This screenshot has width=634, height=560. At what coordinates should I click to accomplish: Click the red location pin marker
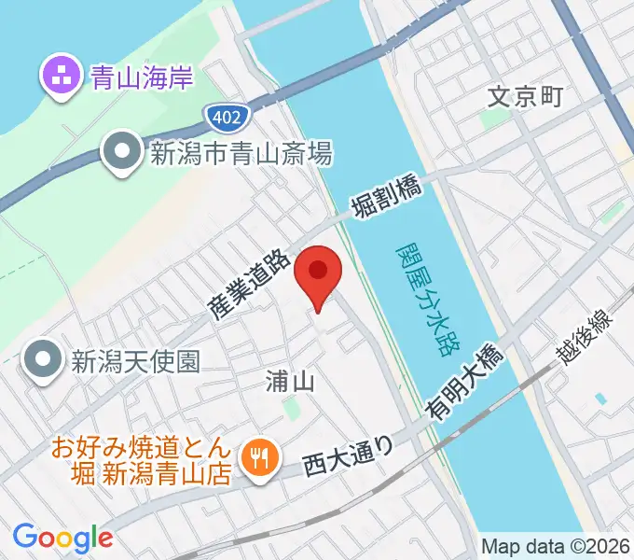coord(318,273)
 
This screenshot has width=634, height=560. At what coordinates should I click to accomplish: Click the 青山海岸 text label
coord(143,77)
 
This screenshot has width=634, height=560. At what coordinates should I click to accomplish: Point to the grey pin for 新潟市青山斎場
coord(120,154)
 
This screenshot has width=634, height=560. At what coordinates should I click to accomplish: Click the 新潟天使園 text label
coord(135,359)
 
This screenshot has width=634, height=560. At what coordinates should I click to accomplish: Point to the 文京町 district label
coord(526,97)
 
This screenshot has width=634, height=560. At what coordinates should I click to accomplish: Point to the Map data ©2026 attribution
coord(555,546)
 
